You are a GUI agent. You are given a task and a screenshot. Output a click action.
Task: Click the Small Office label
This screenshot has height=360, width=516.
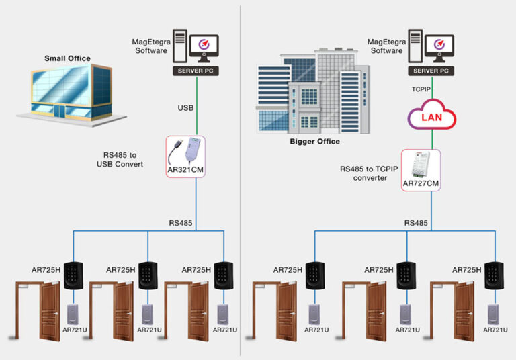[x=67, y=58]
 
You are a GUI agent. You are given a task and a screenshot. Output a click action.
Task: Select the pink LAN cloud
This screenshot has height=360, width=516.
[x=431, y=118]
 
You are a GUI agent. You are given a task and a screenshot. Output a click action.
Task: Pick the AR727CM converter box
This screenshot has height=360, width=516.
[x=421, y=170]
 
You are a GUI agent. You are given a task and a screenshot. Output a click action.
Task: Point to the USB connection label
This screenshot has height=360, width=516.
[x=185, y=107]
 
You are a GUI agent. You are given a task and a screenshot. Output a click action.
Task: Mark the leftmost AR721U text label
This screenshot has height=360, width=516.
[x=74, y=330]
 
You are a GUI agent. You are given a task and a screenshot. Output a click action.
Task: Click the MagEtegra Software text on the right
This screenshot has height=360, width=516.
[x=386, y=46]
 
